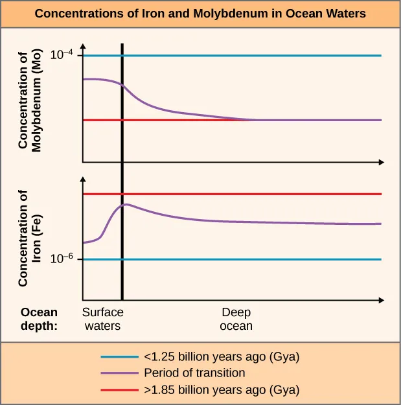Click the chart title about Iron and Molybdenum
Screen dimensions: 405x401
coord(200,14)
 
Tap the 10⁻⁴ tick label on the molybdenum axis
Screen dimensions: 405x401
coord(64,56)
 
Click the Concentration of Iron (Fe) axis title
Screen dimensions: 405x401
coord(30,238)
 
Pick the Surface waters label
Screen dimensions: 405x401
coord(103,319)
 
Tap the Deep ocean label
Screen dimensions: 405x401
coord(236,319)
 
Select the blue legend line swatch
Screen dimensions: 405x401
coord(120,356)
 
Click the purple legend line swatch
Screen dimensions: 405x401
coord(120,373)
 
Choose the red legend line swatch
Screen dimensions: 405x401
coord(120,390)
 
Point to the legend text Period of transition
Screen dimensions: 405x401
coord(194,373)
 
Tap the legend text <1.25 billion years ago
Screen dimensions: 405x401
coord(222,356)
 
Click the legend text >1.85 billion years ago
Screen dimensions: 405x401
coord(222,390)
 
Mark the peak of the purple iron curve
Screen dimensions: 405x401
coord(127,204)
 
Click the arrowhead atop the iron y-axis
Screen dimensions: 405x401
coord(82,179)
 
